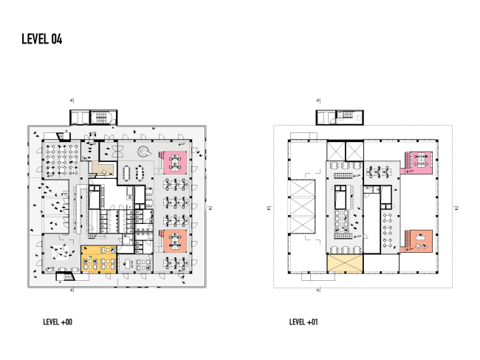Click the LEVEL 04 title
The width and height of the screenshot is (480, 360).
coord(41,40)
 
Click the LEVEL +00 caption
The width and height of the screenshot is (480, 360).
coord(58,322)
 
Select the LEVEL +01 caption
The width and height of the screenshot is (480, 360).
coord(304,322)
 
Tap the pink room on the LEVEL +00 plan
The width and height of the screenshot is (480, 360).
coord(174,161)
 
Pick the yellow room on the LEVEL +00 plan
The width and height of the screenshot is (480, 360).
coord(98,259)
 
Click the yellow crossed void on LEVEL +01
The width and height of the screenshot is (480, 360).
coord(345,263)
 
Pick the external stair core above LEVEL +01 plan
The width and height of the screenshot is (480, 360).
coord(340,117)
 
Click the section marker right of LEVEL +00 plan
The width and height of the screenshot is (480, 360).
coord(210,208)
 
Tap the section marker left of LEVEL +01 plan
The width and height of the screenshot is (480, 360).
coord(268,208)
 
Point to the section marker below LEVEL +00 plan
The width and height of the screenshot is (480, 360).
coord(72,291)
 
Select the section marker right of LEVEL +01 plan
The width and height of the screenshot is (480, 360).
coord(458,208)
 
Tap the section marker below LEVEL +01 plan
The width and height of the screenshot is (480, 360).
coord(318,291)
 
